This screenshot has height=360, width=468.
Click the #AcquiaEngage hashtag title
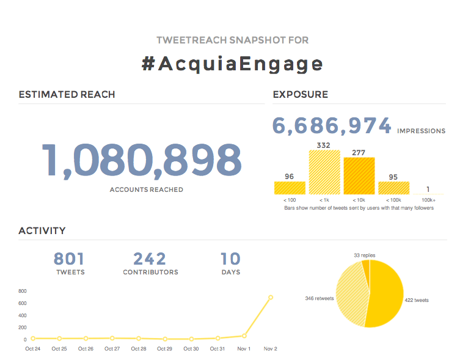click(232, 64)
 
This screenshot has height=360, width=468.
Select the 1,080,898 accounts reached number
click(141, 160)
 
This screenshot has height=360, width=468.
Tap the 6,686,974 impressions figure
click(332, 126)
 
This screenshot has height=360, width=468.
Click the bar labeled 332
click(324, 172)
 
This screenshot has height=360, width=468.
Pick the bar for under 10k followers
click(359, 176)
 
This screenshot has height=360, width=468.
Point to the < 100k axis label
click(393, 200)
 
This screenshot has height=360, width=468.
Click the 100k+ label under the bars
click(428, 200)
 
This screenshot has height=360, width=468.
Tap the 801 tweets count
click(69, 259)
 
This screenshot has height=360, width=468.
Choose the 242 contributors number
click(150, 259)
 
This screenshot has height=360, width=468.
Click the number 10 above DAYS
click(230, 259)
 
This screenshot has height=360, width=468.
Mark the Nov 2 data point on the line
click(271, 298)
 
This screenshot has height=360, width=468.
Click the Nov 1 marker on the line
click(244, 336)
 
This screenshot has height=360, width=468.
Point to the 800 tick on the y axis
click(23, 291)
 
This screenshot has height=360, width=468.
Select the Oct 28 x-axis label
click(139, 349)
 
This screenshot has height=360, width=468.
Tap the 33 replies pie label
click(365, 254)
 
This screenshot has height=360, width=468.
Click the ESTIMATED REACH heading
click(67, 95)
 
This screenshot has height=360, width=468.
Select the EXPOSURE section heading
click(300, 95)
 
